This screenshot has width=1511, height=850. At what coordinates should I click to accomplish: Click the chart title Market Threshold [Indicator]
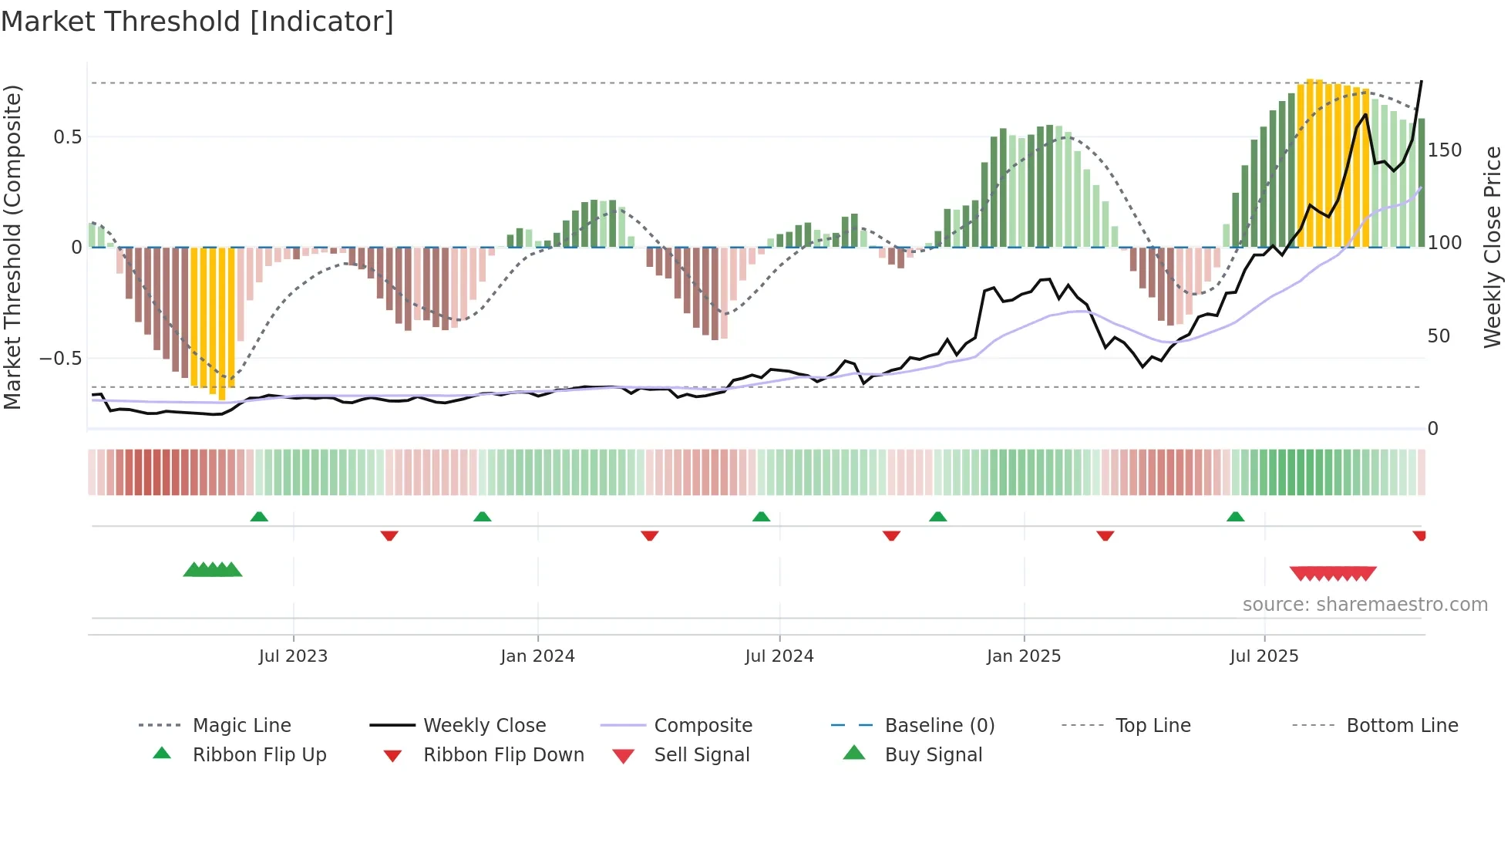coord(197,22)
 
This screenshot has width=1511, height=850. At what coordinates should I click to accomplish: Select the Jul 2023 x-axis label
coord(293,656)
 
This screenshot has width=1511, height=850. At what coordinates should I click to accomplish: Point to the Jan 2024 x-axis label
coord(537,656)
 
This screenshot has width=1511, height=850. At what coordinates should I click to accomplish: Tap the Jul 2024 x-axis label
coord(779,656)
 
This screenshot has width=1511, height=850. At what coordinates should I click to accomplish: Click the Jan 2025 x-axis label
coord(1024,656)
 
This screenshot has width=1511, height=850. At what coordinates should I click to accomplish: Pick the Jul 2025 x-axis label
coord(1264,656)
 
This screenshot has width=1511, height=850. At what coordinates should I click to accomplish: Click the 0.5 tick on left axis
coord(68,137)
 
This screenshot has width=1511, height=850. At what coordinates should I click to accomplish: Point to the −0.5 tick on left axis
coord(61,359)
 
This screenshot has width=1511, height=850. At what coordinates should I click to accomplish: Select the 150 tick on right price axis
coord(1444,150)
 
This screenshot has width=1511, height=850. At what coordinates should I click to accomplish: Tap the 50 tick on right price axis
coord(1439,336)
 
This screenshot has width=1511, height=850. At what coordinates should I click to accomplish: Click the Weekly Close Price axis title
coord(1493,247)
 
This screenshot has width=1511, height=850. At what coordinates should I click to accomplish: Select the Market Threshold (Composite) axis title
coord(13,247)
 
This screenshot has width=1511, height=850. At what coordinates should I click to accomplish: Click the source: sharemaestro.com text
coord(1365,605)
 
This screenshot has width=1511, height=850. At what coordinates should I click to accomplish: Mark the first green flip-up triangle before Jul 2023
coord(259,517)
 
